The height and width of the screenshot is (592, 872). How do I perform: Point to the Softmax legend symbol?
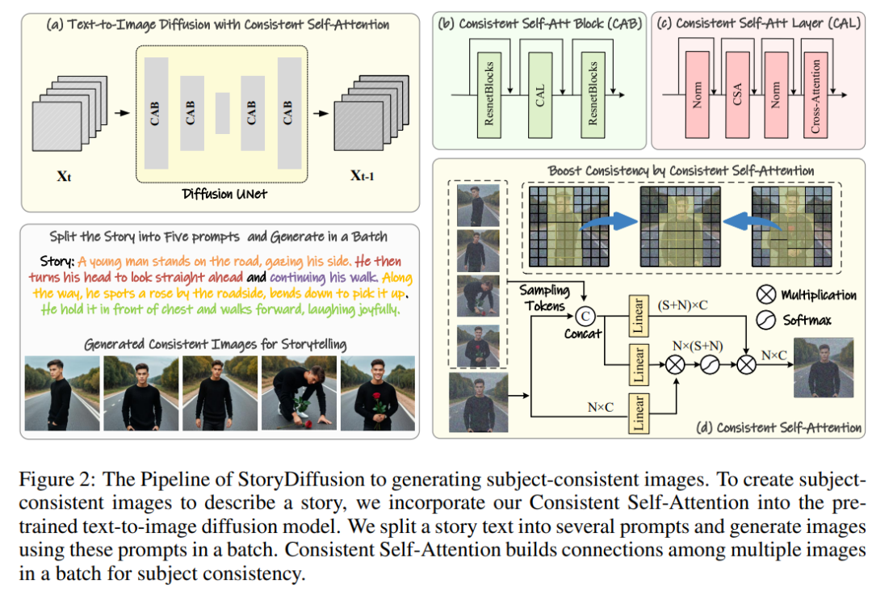(x=767, y=321)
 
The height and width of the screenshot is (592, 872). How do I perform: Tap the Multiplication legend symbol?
(x=767, y=296)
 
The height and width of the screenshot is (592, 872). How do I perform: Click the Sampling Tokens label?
(x=544, y=297)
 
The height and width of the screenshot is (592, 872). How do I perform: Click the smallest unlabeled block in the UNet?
(x=223, y=112)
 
